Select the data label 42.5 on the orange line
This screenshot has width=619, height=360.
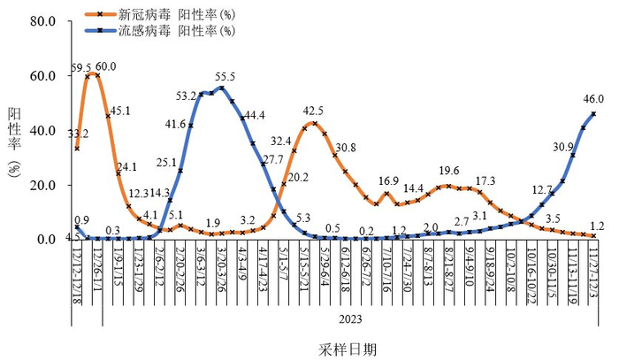[313, 111]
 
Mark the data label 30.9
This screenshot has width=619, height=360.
[562, 147]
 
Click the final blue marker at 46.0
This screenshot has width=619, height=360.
[592, 113]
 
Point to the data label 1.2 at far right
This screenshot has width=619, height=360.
[599, 226]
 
